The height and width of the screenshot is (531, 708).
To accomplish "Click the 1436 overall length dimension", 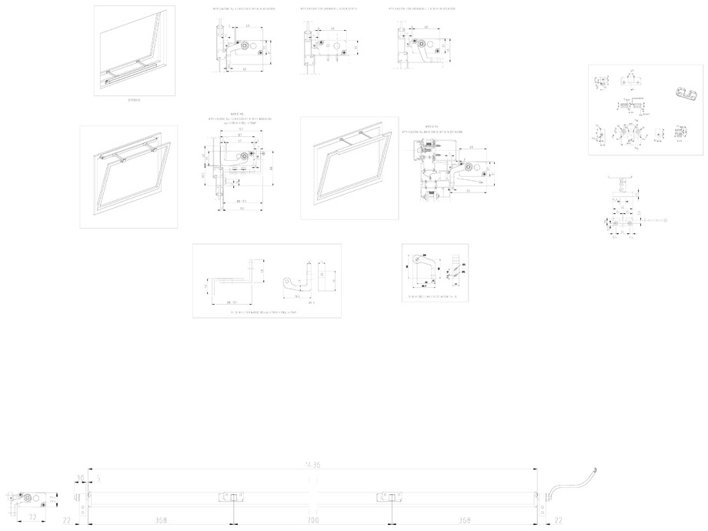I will pyautogui.click(x=311, y=464).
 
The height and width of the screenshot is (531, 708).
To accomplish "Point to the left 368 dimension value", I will pyautogui.click(x=160, y=521).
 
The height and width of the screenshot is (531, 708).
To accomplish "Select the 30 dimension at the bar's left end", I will pyautogui.click(x=79, y=479).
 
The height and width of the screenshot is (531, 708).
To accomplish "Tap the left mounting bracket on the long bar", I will pyautogui.click(x=229, y=498).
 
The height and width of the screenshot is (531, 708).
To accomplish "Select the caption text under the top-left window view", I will pyautogui.click(x=134, y=100).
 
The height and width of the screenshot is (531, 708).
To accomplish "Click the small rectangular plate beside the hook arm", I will pyautogui.click(x=328, y=279).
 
